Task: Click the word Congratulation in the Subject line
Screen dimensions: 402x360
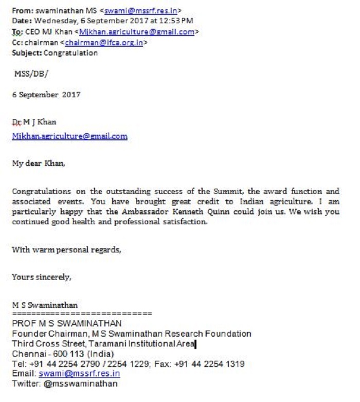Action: pos(71,52)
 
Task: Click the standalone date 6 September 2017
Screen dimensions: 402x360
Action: pos(46,95)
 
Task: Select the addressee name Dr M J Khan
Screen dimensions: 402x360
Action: pos(34,122)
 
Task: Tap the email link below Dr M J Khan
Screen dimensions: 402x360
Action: pos(69,136)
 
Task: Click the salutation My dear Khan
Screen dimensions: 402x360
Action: pos(39,164)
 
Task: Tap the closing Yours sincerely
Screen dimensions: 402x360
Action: pos(42,277)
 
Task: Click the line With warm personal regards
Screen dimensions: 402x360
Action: pos(66,250)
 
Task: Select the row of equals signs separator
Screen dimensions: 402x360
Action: pos(82,313)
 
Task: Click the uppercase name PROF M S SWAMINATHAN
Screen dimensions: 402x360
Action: pos(67,323)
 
